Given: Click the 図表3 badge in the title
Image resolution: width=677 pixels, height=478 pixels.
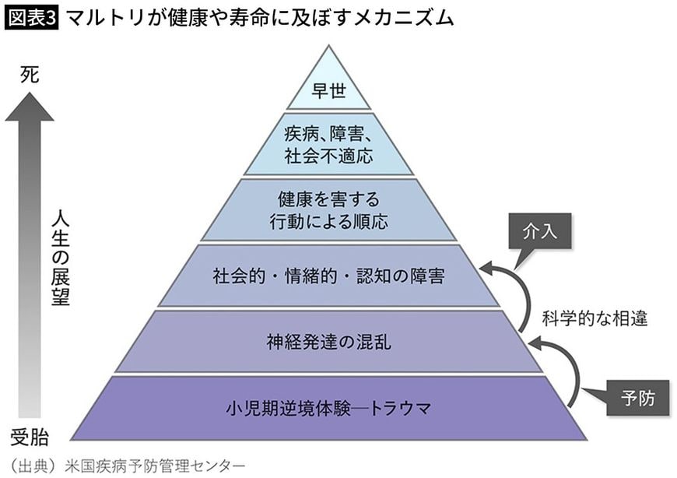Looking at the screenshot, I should click(x=32, y=18).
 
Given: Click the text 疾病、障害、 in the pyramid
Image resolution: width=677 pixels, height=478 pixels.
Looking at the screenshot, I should click(x=328, y=134).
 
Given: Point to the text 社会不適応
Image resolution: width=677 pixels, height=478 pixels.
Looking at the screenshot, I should click(x=328, y=156).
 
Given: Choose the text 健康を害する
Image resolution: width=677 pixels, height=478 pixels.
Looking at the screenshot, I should click(x=328, y=199).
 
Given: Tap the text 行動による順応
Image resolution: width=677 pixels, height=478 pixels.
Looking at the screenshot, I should click(x=328, y=221).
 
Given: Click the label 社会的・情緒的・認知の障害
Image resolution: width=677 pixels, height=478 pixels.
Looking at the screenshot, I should click(x=328, y=276).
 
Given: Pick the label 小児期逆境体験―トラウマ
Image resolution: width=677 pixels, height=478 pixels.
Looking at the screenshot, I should click(x=328, y=407).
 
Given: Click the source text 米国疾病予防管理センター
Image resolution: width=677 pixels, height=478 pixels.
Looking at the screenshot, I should click(x=156, y=465).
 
